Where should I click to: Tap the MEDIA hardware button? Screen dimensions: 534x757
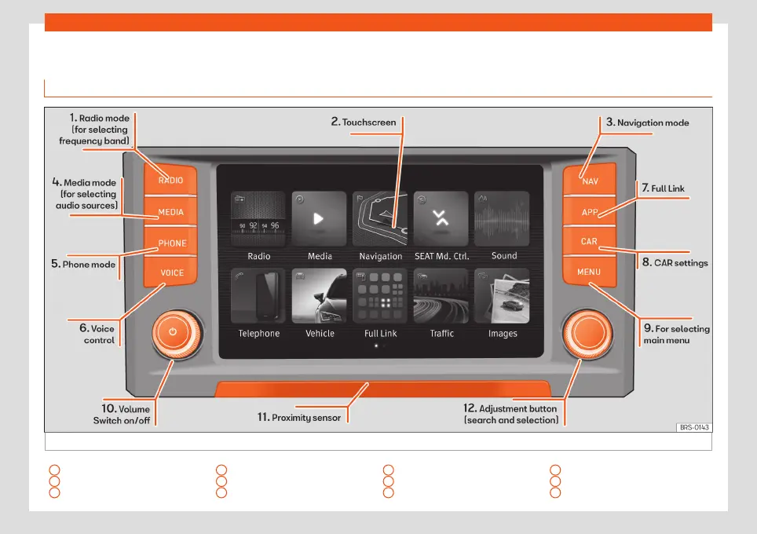pyautogui.click(x=170, y=212)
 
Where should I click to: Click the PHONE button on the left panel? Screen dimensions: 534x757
pyautogui.click(x=172, y=243)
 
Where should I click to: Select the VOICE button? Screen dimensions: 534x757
pyautogui.click(x=171, y=273)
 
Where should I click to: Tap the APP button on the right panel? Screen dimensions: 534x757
pyautogui.click(x=589, y=212)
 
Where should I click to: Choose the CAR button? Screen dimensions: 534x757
pyautogui.click(x=589, y=242)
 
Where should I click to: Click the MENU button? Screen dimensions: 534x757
pyautogui.click(x=589, y=272)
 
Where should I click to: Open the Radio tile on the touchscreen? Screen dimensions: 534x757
pyautogui.click(x=258, y=219)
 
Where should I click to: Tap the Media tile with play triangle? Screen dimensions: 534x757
pyautogui.click(x=319, y=219)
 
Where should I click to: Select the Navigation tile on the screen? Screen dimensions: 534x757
pyautogui.click(x=380, y=219)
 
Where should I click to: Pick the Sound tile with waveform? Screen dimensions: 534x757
pyautogui.click(x=503, y=219)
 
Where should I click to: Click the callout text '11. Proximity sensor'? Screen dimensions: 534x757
pyautogui.click(x=298, y=418)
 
